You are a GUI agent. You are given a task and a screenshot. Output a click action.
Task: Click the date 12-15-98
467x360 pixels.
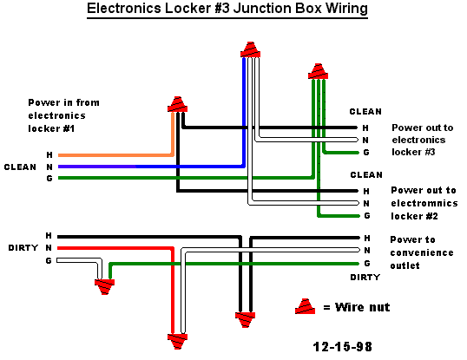coord(343,347)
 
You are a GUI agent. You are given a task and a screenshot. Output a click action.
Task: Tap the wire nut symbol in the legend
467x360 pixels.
coord(305,306)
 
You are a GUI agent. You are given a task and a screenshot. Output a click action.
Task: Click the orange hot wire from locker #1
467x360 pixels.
coord(116,154)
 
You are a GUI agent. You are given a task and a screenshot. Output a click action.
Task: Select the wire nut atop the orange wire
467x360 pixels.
coord(177,104)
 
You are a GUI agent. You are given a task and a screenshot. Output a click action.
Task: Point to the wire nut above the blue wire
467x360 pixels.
coord(251,49)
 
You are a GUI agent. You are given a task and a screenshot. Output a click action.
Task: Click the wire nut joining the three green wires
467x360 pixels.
coord(318,71)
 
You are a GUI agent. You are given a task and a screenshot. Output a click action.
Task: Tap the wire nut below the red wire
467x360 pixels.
coord(177,342)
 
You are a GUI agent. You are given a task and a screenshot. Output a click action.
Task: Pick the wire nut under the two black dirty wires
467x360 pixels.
coord(245,320)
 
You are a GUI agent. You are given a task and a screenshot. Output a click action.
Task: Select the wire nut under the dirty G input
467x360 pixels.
coord(104,287)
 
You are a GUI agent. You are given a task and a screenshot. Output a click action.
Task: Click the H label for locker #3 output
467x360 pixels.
coord(365,128)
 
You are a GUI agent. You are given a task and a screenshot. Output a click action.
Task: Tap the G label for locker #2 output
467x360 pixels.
coord(367,216)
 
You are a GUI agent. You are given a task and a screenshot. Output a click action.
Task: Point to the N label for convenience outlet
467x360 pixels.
coord(367,251)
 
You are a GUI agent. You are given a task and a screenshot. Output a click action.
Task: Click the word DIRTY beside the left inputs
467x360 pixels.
coord(23,248)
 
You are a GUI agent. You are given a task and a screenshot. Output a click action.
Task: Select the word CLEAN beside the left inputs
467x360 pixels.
coord(20,167)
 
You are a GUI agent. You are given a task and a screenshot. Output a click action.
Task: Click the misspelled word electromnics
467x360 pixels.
coord(424,203)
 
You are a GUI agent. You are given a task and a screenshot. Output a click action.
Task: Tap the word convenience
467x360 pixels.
coord(422,252)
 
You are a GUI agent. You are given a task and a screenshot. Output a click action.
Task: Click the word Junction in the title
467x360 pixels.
coord(262,8)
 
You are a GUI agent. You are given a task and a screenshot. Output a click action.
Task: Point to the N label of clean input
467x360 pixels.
coord(49,167)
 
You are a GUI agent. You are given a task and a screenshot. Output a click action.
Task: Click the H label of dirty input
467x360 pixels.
coord(49,236)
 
